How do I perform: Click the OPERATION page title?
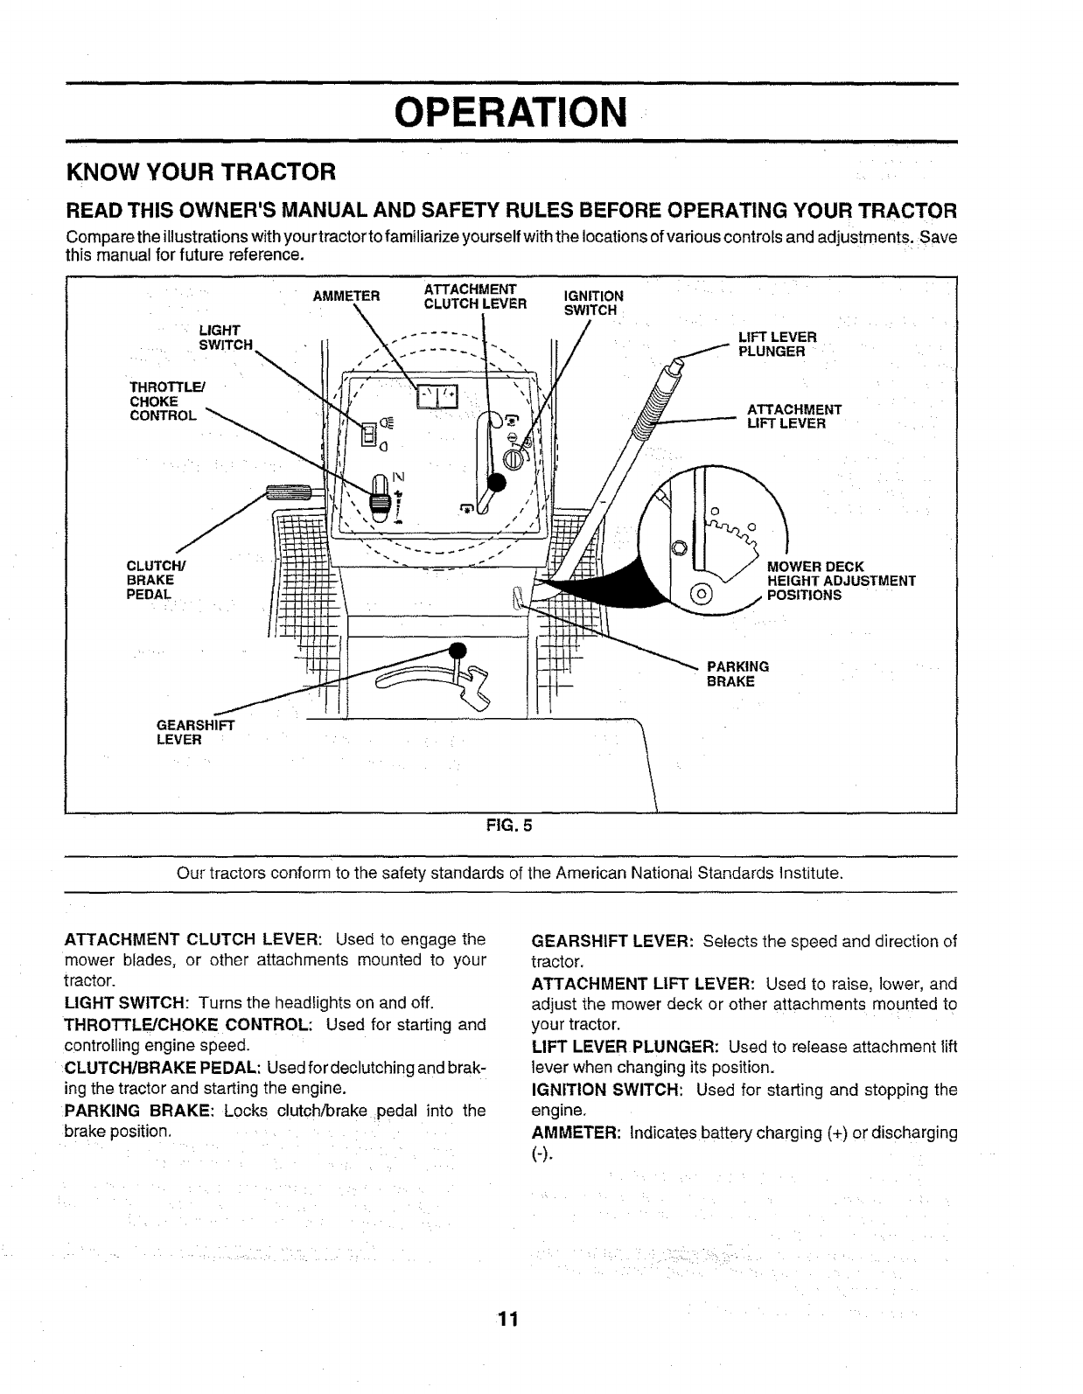511,111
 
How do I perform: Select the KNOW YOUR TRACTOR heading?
201,170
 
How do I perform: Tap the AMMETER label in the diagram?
346,296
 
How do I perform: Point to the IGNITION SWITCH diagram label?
593,303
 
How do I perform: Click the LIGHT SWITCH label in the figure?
225,337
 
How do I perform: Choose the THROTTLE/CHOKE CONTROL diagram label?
163,401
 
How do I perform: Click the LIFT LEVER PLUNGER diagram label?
778,344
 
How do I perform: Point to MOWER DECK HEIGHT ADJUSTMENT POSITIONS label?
840,581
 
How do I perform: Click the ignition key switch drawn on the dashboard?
515,457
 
